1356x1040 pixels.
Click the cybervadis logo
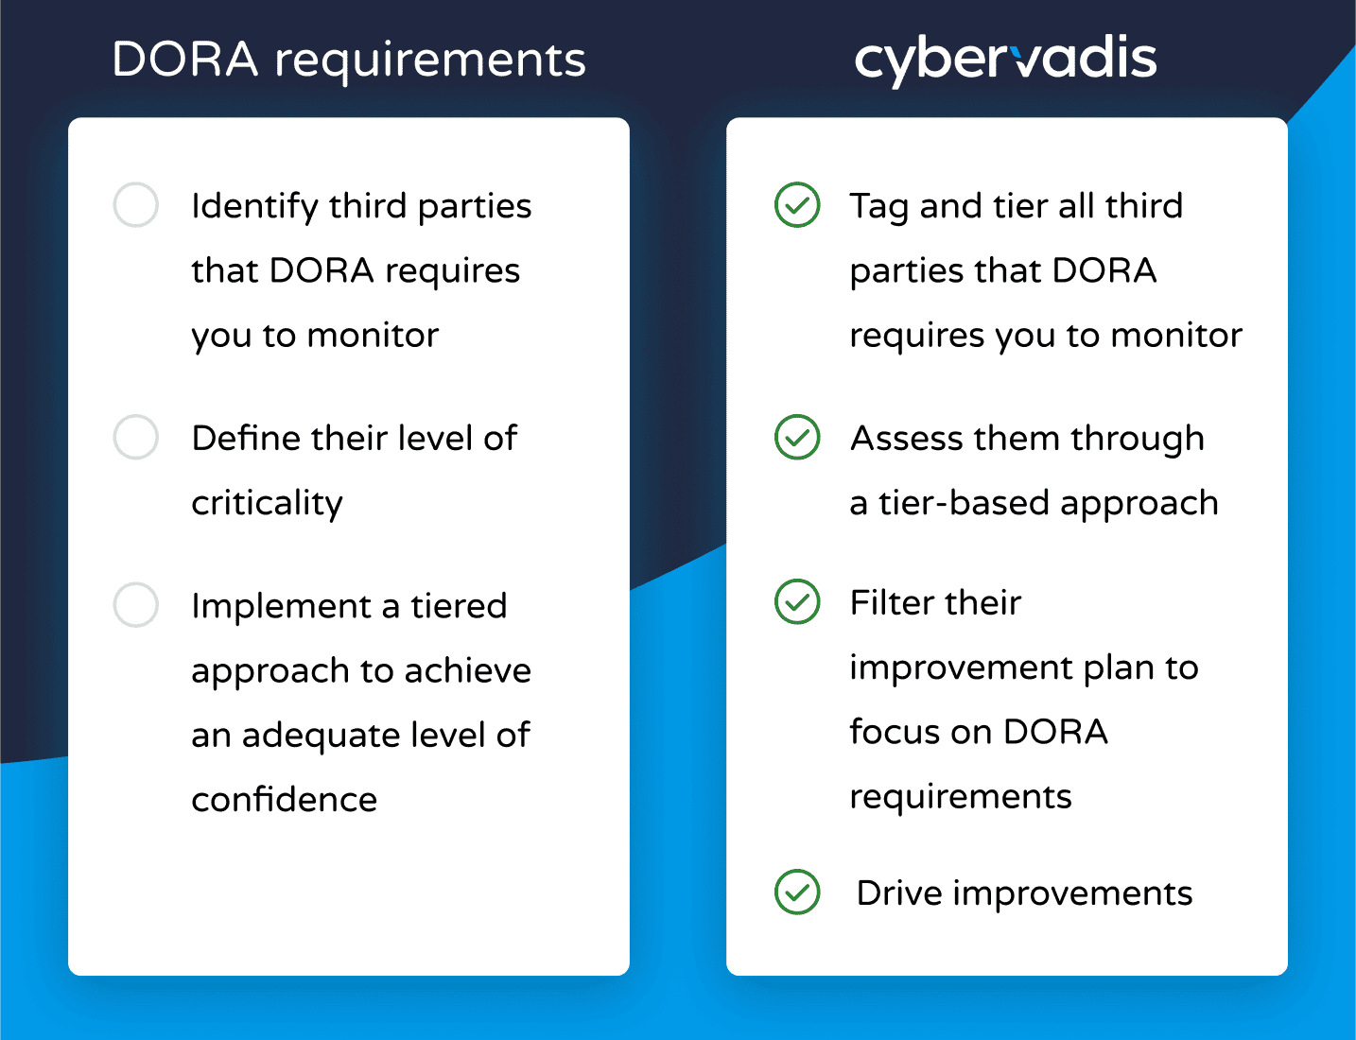pos(1005,61)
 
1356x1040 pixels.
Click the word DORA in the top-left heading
pos(184,60)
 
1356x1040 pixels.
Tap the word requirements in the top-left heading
pos(430,62)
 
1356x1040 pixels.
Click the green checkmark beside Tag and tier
pos(797,204)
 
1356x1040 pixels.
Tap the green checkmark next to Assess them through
pos(797,437)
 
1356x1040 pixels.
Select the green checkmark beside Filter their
pos(797,601)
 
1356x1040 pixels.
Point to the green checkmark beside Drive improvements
pos(797,892)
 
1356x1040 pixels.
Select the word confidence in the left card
pos(285,799)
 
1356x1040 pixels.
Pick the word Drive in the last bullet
pos(899,893)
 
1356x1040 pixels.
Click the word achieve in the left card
pos(468,670)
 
